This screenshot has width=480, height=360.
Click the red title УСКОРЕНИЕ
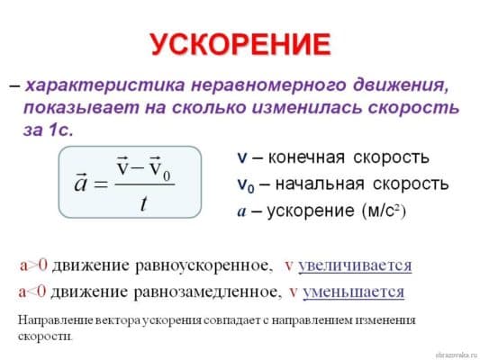click(x=240, y=44)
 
